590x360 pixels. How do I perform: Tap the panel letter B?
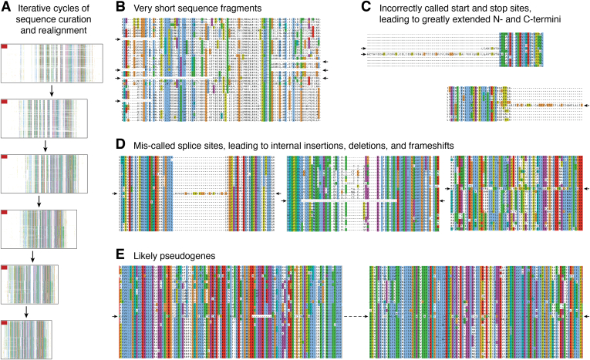tap(118, 8)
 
